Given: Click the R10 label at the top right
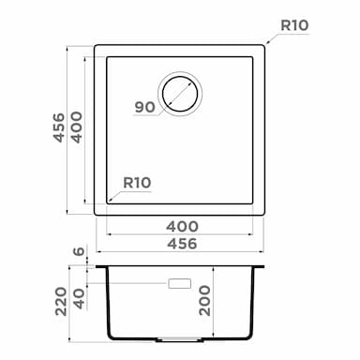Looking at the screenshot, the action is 294,25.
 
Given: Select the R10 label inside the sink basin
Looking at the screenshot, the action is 137,183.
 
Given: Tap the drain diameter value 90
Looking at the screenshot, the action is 144,107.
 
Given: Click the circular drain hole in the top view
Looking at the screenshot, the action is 180,94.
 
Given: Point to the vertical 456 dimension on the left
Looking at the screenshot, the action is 58,127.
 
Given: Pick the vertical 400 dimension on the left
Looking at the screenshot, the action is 77,127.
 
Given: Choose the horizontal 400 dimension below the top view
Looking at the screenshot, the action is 182,227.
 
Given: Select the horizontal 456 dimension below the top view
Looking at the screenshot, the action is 182,244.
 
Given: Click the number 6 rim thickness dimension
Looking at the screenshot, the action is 80,251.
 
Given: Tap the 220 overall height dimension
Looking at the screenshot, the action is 61,302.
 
